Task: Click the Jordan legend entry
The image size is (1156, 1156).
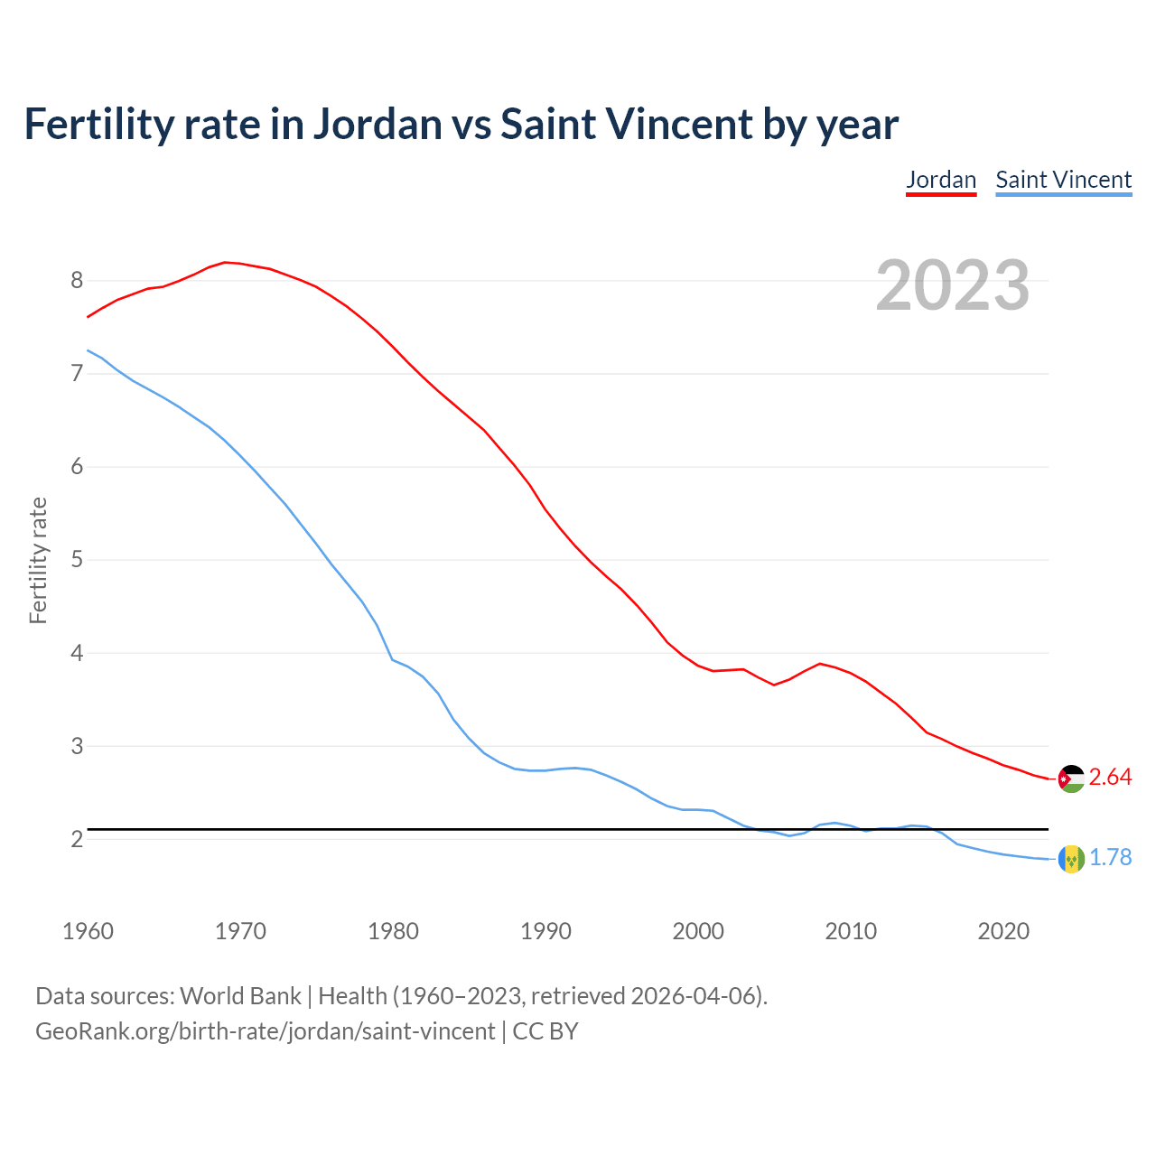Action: coord(941,180)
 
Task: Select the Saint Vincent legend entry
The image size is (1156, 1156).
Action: coord(1063,180)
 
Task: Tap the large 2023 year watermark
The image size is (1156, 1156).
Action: coord(952,285)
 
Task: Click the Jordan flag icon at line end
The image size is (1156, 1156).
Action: coord(1071,778)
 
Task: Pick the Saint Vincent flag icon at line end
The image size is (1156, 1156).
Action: coord(1071,859)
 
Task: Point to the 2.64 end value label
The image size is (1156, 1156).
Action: coord(1110,778)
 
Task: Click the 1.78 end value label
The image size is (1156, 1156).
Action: coord(1110,858)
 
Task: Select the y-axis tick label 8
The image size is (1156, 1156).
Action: coord(77,281)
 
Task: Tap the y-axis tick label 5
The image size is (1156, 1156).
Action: coord(77,560)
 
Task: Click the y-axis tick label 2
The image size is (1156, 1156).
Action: coord(77,840)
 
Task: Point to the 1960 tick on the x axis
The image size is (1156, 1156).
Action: coord(88,931)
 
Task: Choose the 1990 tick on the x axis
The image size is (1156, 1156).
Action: coord(545,931)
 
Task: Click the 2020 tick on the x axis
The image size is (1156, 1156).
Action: coord(1003,931)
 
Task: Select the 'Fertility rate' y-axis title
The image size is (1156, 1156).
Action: coord(38,560)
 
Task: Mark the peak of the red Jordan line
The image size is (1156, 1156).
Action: coord(225,262)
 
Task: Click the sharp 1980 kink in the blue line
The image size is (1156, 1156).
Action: coord(392,659)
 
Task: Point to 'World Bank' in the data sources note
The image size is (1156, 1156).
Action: coord(240,996)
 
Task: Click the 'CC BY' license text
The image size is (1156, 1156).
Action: coord(545,1031)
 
